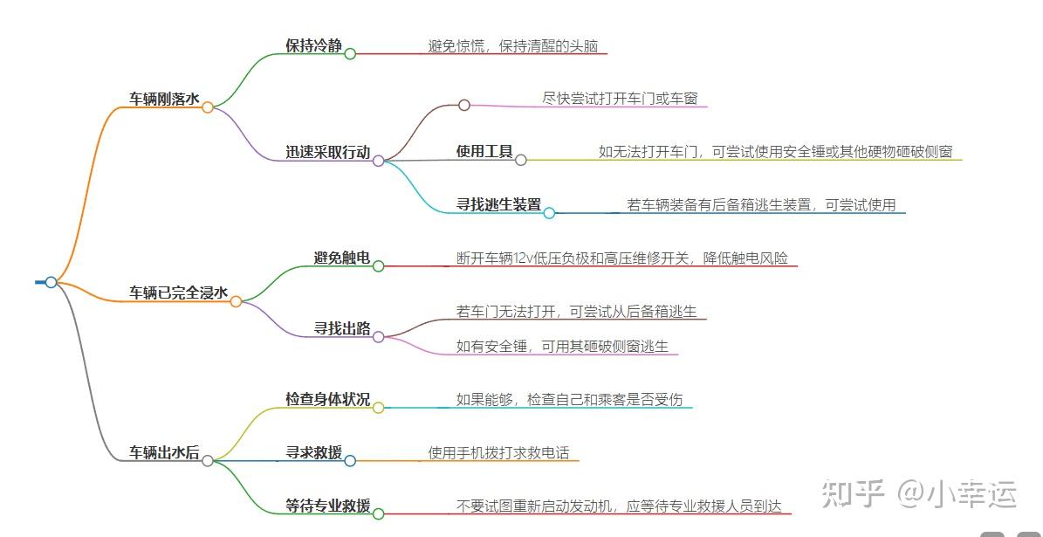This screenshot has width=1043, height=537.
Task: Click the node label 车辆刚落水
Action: [164, 99]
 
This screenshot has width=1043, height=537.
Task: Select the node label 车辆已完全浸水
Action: [178, 293]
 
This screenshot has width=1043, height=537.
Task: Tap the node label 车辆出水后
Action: [164, 452]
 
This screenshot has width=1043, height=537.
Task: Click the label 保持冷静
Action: [313, 45]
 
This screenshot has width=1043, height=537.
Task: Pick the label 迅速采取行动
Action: [327, 152]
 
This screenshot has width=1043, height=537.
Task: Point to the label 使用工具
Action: [484, 151]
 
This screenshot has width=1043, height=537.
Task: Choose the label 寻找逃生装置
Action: [498, 204]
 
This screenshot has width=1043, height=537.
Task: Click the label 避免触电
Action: [341, 258]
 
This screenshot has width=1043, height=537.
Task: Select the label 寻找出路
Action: [341, 328]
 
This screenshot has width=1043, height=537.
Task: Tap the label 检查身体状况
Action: [327, 399]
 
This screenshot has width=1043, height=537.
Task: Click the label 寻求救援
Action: [313, 452]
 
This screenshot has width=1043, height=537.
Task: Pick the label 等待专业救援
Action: [327, 506]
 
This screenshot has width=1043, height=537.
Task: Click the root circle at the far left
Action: [51, 282]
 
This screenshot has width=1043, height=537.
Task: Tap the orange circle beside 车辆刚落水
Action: [208, 107]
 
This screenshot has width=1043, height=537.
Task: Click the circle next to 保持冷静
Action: [350, 53]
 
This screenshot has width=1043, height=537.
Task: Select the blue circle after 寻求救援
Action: [350, 460]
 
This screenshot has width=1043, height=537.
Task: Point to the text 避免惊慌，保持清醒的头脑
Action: [512, 45]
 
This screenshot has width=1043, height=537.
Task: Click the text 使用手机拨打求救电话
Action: [498, 452]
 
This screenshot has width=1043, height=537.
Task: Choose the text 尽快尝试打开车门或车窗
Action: [620, 99]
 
